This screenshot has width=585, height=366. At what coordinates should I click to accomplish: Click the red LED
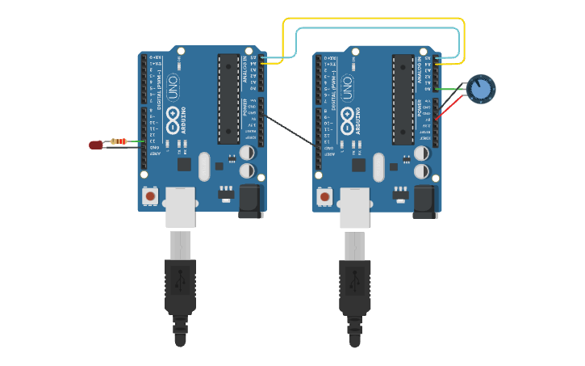[x=95, y=145]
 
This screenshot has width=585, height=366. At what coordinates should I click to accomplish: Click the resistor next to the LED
[x=120, y=141]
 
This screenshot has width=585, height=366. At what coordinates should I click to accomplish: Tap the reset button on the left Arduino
[x=150, y=196]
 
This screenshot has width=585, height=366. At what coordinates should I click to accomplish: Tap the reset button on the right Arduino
[x=324, y=196]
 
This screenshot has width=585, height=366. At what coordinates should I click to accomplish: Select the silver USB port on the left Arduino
[x=181, y=207]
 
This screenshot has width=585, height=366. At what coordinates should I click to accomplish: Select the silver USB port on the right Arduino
[x=355, y=207]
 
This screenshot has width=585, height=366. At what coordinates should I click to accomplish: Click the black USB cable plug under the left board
[x=181, y=287]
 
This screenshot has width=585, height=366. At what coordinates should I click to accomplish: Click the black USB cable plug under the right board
[x=355, y=287]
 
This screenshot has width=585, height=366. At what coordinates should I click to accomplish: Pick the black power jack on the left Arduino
[x=250, y=201]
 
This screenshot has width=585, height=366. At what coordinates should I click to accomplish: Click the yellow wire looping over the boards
[x=371, y=19]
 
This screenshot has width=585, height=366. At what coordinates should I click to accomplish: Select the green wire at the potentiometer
[x=452, y=89]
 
